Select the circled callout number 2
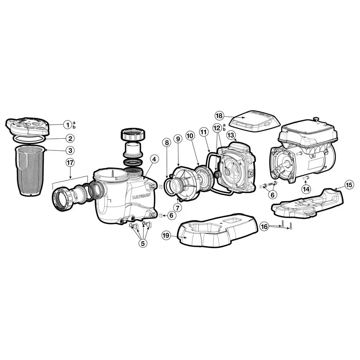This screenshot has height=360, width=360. click(70, 139)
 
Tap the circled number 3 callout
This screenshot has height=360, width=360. click(70, 150)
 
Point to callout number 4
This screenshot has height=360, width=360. click(153, 158)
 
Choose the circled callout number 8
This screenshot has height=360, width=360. click(166, 142)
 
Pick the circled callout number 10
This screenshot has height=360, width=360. click(190, 136)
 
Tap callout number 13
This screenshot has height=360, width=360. click(231, 135)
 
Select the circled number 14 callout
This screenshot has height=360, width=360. click(306, 188)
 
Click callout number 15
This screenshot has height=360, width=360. click(349, 185)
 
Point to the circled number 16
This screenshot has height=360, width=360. click(264, 226)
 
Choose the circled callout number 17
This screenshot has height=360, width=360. click(70, 162)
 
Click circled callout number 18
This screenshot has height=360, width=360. click(219, 115)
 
